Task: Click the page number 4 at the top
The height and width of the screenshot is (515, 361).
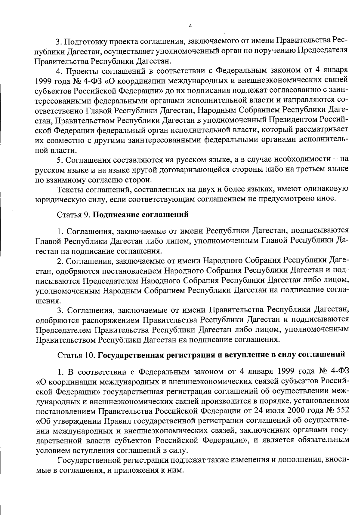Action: pos(190,26)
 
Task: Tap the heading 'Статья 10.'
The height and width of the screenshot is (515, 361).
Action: pos(76,355)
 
